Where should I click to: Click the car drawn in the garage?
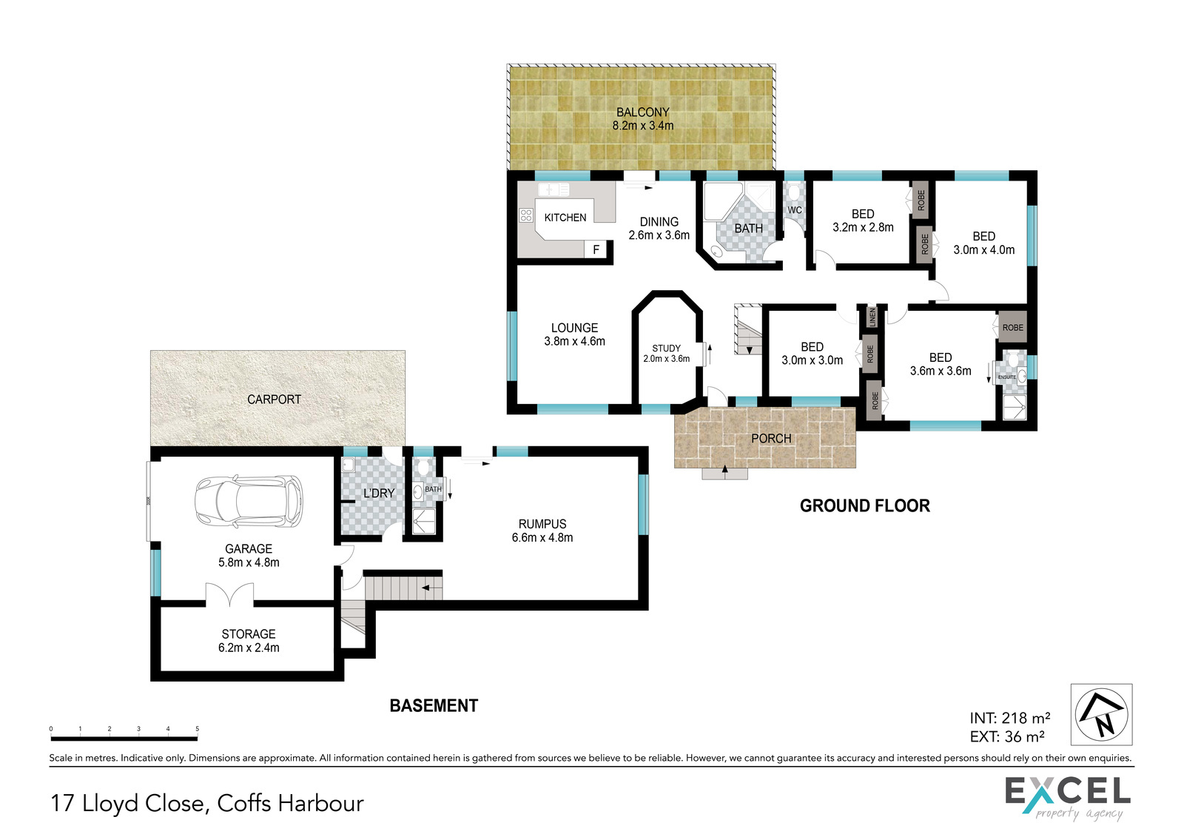coord(249,501)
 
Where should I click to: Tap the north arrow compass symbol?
coord(1102,714)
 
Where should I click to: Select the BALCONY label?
coord(643,112)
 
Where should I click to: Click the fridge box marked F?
coord(596,249)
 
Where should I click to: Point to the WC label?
coord(795,210)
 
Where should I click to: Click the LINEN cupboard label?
coord(872,317)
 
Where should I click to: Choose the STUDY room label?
coord(666,349)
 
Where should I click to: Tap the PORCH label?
coord(771,438)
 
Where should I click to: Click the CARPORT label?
coord(274,399)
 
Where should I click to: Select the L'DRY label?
coord(379,493)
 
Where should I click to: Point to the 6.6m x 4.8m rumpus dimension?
coord(542,537)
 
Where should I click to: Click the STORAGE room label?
coord(249,634)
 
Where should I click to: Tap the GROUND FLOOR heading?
coord(865,506)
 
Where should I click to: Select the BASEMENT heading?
coord(434,706)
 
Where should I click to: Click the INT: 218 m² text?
coord(1009,718)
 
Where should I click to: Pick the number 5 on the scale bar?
coord(197,729)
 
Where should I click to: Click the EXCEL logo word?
coord(1068,792)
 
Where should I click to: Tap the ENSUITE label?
coord(1007,377)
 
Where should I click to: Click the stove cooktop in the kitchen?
coord(525,215)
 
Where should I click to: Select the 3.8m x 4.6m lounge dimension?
coord(574,341)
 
